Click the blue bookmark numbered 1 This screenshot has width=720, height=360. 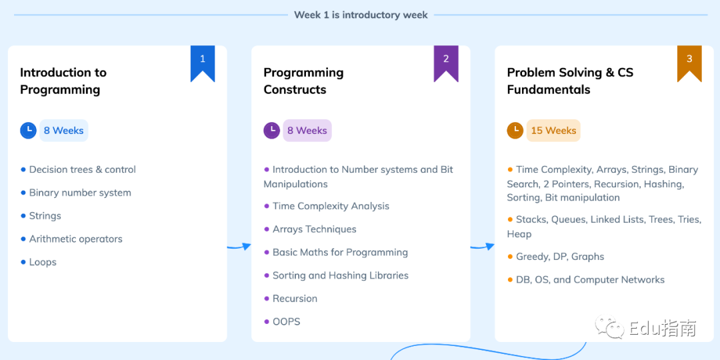(x=203, y=62)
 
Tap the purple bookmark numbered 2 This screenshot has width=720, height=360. (x=446, y=62)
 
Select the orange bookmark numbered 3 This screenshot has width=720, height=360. (x=689, y=62)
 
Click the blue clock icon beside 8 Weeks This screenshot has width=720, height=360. (x=28, y=131)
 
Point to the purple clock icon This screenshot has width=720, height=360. (x=271, y=131)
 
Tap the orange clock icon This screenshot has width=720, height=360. (x=515, y=131)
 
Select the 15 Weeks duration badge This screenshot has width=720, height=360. (x=553, y=131)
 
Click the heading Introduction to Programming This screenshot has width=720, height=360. (x=63, y=81)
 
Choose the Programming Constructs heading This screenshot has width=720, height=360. (x=303, y=81)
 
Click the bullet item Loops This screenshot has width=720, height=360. (x=43, y=262)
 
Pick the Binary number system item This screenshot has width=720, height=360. (x=81, y=193)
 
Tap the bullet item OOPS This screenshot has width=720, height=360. (x=286, y=321)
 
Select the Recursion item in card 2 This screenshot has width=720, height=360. (x=295, y=299)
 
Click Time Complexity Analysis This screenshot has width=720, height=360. (x=331, y=206)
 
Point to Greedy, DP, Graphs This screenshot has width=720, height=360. (x=560, y=257)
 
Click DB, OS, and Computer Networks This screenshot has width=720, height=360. (x=590, y=279)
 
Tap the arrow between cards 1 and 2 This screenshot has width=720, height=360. (x=239, y=247)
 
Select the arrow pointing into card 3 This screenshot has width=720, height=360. (x=482, y=247)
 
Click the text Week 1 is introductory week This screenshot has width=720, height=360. (x=361, y=15)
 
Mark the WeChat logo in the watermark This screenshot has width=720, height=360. (x=610, y=327)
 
